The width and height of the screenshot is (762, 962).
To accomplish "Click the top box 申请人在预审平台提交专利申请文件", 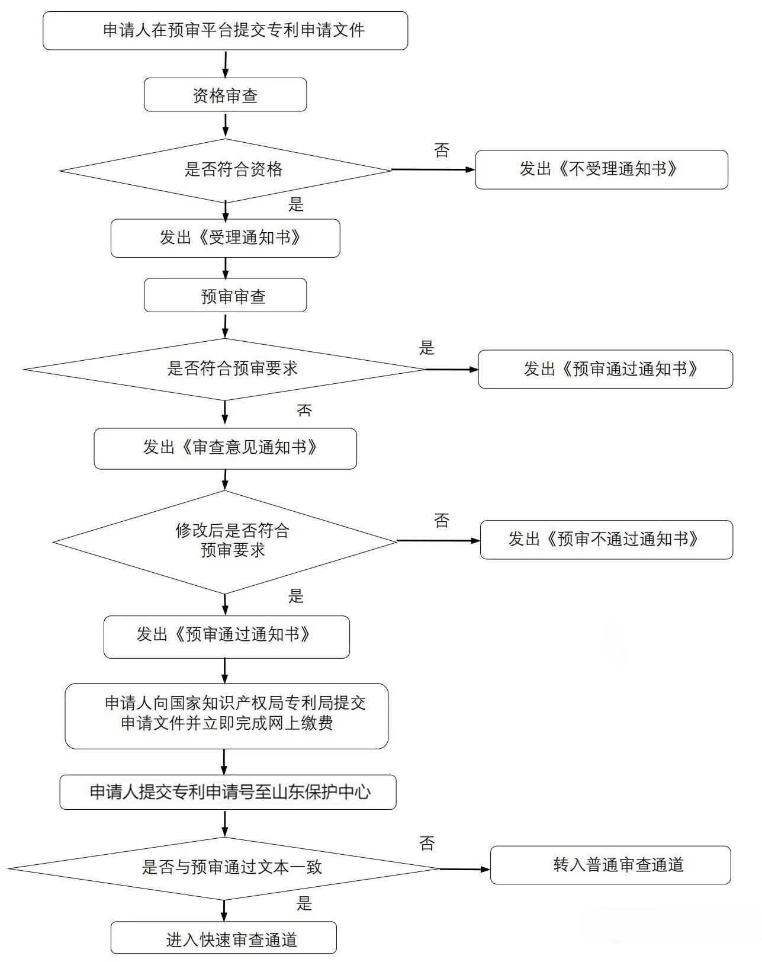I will (225, 30).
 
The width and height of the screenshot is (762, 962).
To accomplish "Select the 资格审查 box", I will (225, 95).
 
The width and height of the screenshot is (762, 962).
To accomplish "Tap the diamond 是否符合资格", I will (225, 170).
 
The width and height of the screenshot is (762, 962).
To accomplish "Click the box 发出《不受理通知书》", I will (601, 169).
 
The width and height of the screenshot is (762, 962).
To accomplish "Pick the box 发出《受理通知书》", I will (225, 238).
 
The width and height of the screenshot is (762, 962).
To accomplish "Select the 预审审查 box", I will (225, 295).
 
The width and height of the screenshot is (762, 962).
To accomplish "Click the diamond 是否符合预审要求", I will (225, 369).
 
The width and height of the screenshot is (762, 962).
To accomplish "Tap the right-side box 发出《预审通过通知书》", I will (605, 369).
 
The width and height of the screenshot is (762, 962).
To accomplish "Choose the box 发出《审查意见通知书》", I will (225, 448).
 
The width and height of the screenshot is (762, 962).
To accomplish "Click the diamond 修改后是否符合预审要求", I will (225, 541).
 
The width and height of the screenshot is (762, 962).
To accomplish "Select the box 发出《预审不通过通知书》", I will (606, 539).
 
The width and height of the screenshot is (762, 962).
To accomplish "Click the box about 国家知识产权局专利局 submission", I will (226, 715).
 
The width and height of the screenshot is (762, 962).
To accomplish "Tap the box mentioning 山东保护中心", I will (227, 791).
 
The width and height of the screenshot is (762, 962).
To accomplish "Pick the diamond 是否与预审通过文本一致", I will (225, 868).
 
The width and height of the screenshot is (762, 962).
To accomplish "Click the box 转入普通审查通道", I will (610, 865).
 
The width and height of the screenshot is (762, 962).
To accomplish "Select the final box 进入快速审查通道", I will (223, 939).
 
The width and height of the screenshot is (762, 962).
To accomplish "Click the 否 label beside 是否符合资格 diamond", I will (442, 150).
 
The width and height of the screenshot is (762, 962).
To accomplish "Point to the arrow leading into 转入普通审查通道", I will (465, 869).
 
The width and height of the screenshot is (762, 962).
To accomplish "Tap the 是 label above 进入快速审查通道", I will (304, 903).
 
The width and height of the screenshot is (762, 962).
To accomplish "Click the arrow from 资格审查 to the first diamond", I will (225, 124).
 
